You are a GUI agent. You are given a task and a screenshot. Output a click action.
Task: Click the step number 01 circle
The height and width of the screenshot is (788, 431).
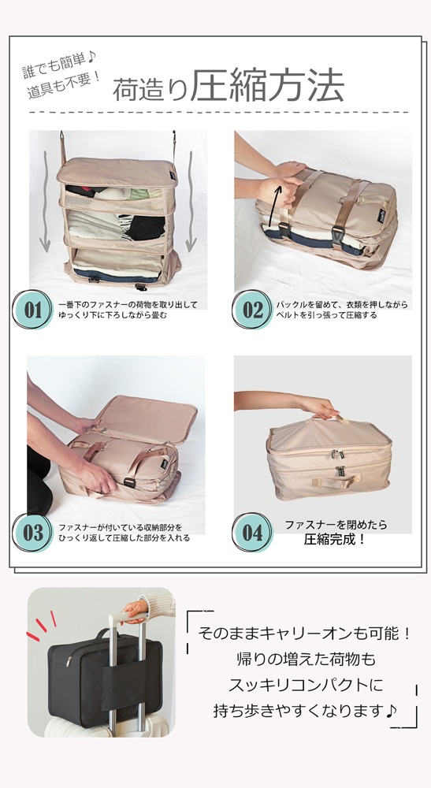(x=32, y=310)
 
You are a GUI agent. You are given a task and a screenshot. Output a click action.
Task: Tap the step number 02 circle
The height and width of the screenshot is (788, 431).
(x=252, y=310)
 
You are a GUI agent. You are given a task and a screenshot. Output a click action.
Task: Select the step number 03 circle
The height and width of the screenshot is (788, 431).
(x=32, y=533)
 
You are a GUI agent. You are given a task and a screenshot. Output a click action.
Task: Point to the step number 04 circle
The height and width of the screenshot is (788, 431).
(x=252, y=533)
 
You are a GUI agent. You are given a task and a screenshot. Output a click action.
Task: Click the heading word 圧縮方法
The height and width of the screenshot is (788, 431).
(x=268, y=86)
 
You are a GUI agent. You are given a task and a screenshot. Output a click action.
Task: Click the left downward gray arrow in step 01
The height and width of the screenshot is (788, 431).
(x=45, y=202)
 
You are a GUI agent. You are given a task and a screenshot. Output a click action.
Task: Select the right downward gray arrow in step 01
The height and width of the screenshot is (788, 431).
(x=191, y=202)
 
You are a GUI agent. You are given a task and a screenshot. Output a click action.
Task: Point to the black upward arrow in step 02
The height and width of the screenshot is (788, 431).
(x=273, y=206)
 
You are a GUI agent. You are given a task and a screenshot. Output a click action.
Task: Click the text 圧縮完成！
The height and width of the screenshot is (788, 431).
(x=335, y=540)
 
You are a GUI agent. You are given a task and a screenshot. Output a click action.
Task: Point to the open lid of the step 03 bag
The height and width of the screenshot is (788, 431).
(x=147, y=420)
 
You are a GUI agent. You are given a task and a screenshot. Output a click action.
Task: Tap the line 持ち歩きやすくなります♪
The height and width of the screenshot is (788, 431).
(x=306, y=711)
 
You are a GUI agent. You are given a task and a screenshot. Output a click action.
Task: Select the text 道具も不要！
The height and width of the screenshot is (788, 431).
(x=65, y=85)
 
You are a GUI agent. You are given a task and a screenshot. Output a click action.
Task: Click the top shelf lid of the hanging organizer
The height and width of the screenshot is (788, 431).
(x=117, y=171)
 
